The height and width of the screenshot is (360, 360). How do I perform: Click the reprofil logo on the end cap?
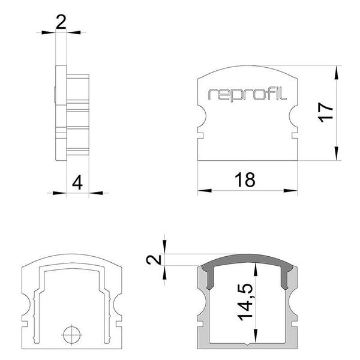click(x=248, y=94)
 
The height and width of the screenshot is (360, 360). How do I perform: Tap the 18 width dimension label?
click(x=246, y=179)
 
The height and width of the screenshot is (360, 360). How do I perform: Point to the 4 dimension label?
click(x=76, y=182)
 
